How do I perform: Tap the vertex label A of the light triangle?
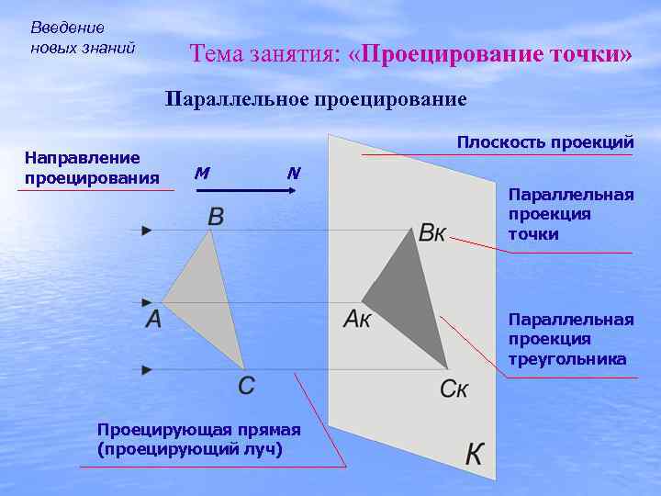pos(153,320)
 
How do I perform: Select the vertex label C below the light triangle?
pos(247,386)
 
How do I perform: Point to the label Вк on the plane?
pos(431,232)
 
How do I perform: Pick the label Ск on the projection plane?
pos(454,389)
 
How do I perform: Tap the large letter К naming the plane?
pos(475,454)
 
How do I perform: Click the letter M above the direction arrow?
pos(202,172)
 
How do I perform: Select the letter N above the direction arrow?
pos(293,172)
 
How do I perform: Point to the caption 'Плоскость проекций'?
pos(545,142)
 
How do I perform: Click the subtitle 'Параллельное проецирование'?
pos(316,98)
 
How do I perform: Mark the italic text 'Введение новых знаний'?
pos(83,38)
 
